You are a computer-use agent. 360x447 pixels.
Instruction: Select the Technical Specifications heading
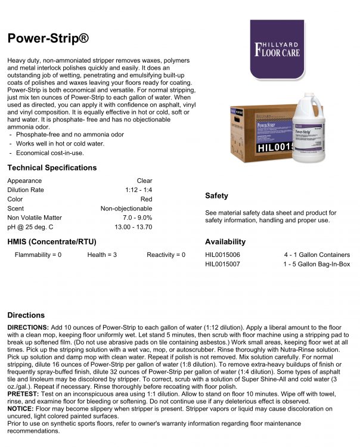coord(52,167)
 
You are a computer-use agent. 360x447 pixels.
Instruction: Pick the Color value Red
coord(146,200)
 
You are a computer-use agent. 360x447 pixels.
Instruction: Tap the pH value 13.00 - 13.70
coord(134,228)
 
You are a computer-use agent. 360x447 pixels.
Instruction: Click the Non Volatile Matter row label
coord(34,218)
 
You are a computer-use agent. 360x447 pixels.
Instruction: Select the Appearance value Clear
coord(144,181)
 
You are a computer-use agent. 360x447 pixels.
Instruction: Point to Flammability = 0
coord(38,255)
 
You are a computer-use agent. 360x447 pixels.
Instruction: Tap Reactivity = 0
coord(166,255)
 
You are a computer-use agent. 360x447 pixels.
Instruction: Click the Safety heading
coord(216,196)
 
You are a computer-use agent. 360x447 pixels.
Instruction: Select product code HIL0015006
coord(223,255)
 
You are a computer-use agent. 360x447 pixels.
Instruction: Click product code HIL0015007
coord(223,264)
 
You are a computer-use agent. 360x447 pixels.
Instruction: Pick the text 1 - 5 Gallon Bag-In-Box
coord(316,264)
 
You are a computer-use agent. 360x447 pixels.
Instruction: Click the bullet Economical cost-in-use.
coord(50,153)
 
